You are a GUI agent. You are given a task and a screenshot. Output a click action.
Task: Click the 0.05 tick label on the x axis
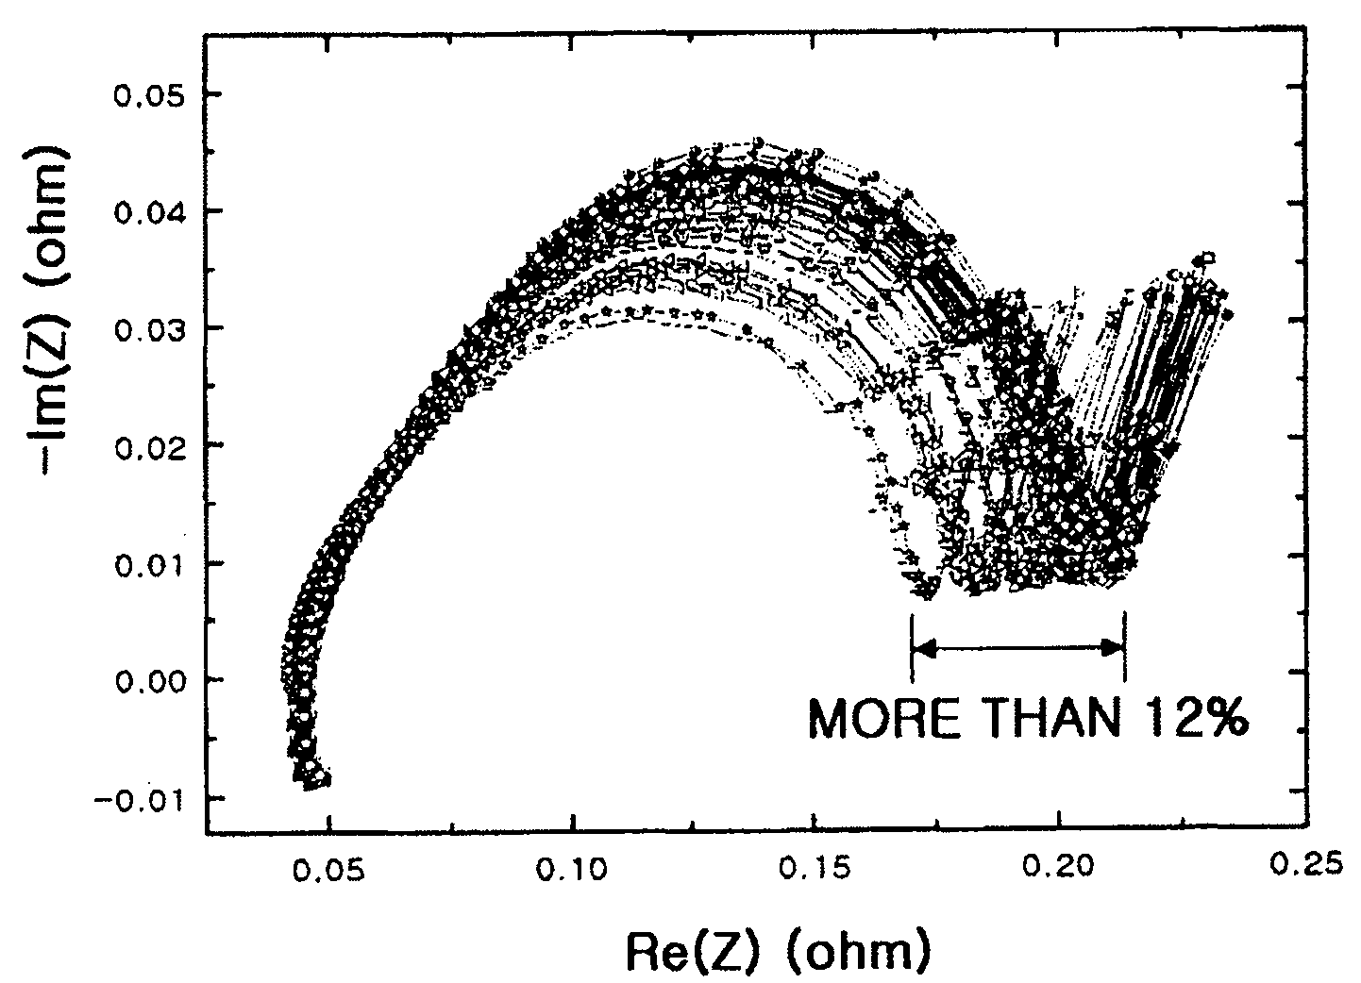(328, 870)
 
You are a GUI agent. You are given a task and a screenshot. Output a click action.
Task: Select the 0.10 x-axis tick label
(572, 870)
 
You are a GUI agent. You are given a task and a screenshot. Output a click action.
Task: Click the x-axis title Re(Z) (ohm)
(778, 952)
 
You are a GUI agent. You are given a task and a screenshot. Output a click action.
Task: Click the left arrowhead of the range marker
(925, 648)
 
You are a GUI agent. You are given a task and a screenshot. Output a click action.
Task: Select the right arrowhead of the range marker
(1111, 648)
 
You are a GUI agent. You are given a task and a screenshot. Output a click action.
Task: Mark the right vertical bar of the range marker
(1125, 646)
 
